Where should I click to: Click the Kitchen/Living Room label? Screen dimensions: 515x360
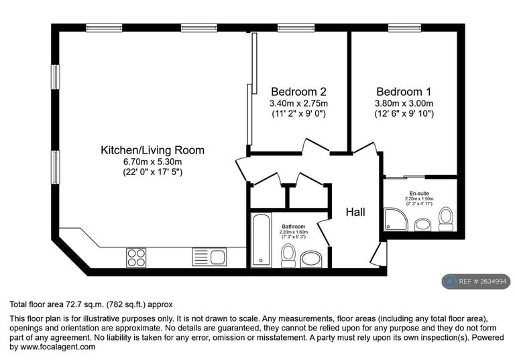point(152,150)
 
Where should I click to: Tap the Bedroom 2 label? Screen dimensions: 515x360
point(298,91)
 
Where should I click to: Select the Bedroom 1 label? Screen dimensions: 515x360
point(404,91)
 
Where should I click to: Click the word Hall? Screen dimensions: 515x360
point(355,213)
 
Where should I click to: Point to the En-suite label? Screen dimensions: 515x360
point(419,193)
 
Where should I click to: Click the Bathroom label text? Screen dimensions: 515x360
point(293,227)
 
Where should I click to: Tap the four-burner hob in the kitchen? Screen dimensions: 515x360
point(136,257)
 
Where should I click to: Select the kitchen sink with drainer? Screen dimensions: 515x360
point(209,257)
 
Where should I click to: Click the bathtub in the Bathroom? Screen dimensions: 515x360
point(262,240)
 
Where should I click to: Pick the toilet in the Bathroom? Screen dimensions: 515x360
point(288,256)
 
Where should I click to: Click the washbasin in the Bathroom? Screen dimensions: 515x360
point(311,259)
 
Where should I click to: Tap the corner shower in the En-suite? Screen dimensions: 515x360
point(396,219)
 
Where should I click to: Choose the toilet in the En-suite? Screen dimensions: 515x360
point(446,219)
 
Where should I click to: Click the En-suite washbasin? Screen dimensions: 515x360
point(422,225)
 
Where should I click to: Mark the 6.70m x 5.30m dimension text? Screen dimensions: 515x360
point(152,162)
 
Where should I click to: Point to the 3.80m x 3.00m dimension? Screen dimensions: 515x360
point(404,103)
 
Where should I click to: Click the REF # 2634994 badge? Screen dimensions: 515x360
point(476,282)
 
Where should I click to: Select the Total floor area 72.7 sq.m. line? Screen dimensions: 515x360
point(91,304)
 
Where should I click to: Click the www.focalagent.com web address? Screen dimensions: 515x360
point(58,347)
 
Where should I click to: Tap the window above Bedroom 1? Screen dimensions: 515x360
point(404,28)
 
